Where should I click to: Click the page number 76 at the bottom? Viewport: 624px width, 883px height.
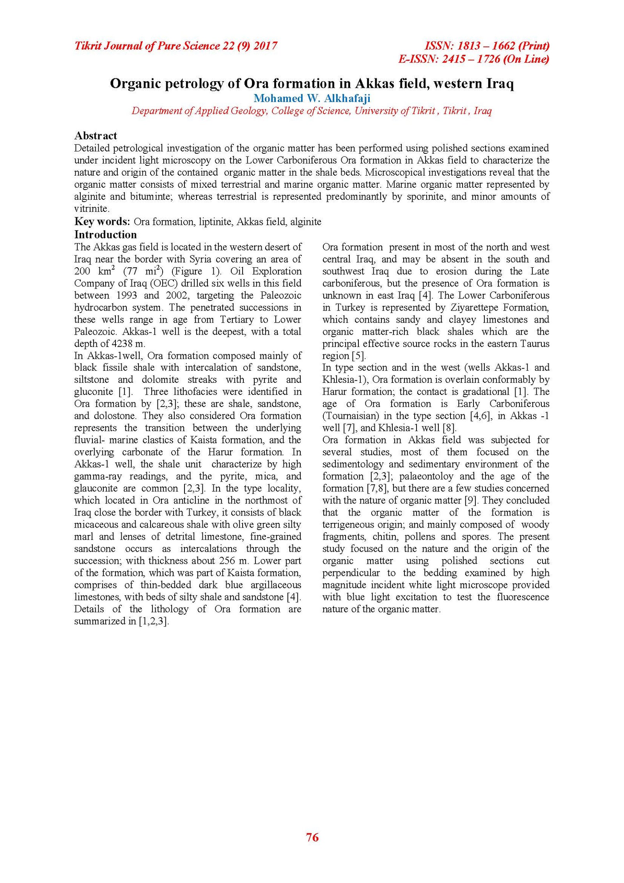(312, 837)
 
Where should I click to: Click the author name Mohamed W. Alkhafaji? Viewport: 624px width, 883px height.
(312, 98)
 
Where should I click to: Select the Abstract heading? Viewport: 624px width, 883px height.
(96, 135)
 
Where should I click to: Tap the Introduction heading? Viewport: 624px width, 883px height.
(105, 234)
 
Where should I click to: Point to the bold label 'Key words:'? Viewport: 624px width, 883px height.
(102, 222)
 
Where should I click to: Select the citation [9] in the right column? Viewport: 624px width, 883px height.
(472, 500)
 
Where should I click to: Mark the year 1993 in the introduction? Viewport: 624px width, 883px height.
(126, 295)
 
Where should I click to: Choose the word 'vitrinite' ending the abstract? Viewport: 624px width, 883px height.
(90, 209)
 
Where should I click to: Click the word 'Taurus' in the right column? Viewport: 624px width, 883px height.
(535, 344)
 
